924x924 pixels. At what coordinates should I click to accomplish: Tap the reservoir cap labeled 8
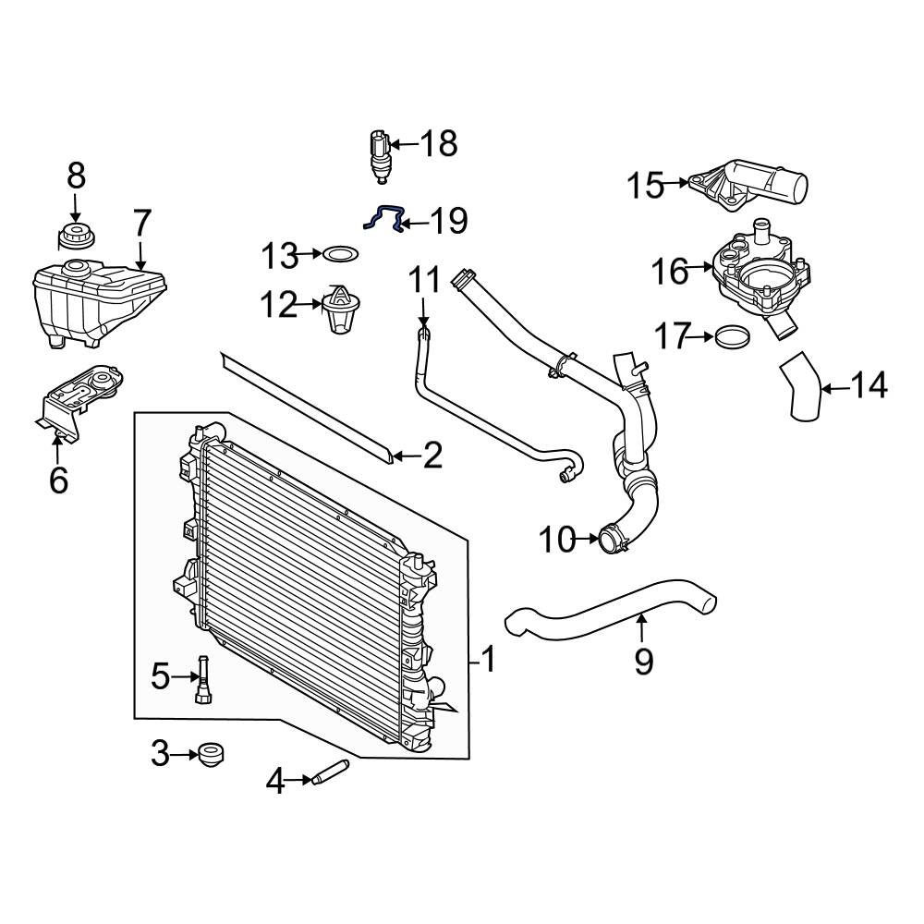[x=76, y=237]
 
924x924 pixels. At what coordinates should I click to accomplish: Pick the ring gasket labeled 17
[x=732, y=337]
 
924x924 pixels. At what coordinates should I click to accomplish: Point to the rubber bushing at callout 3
[x=211, y=755]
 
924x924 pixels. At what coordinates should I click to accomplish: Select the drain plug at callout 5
[x=203, y=679]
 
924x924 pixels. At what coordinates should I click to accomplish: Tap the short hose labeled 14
[x=799, y=387]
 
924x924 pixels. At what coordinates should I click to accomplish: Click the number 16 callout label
[x=669, y=271]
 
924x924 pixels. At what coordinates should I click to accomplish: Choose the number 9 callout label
[x=643, y=661]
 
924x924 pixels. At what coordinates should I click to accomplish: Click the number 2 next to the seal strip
[x=432, y=455]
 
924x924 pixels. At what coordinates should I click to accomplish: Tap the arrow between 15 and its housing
[x=676, y=183]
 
